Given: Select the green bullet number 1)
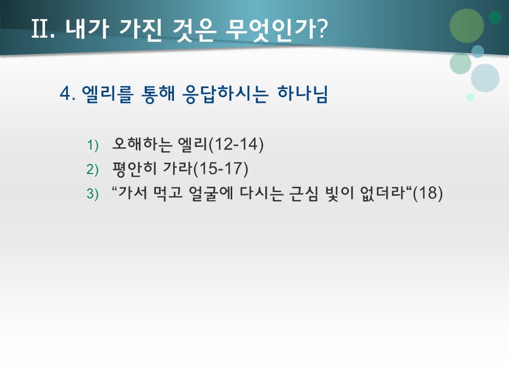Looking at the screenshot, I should pos(93,145).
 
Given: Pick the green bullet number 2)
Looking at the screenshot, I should pos(93,170).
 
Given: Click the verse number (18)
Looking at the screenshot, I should pos(427,194).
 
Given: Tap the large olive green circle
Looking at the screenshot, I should pos(467,25).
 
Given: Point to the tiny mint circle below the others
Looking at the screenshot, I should pos(470,97).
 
